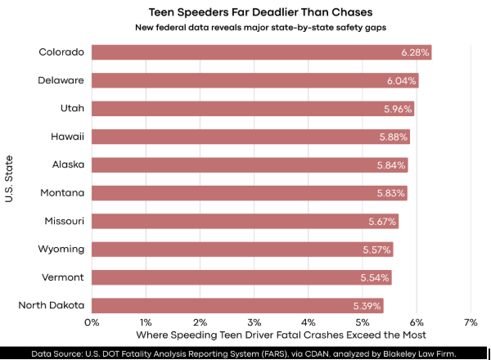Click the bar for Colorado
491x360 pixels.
[x=261, y=52]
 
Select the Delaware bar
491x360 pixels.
[x=255, y=80]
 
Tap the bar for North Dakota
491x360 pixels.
[x=237, y=305]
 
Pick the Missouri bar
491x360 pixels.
[x=245, y=221]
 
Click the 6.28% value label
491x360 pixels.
[x=415, y=52]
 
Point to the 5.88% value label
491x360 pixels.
[x=393, y=137]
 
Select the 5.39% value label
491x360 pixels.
[x=367, y=305]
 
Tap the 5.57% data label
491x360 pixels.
[x=377, y=250]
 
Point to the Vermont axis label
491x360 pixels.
[x=62, y=277]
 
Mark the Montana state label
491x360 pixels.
[x=62, y=193]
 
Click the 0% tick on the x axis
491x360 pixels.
[x=92, y=322]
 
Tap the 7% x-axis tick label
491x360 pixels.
[x=471, y=322]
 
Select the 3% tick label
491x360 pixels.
[x=254, y=322]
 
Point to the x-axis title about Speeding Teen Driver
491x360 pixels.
[x=281, y=335]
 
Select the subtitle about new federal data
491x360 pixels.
[x=247, y=28]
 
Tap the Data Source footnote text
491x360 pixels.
[x=244, y=354]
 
